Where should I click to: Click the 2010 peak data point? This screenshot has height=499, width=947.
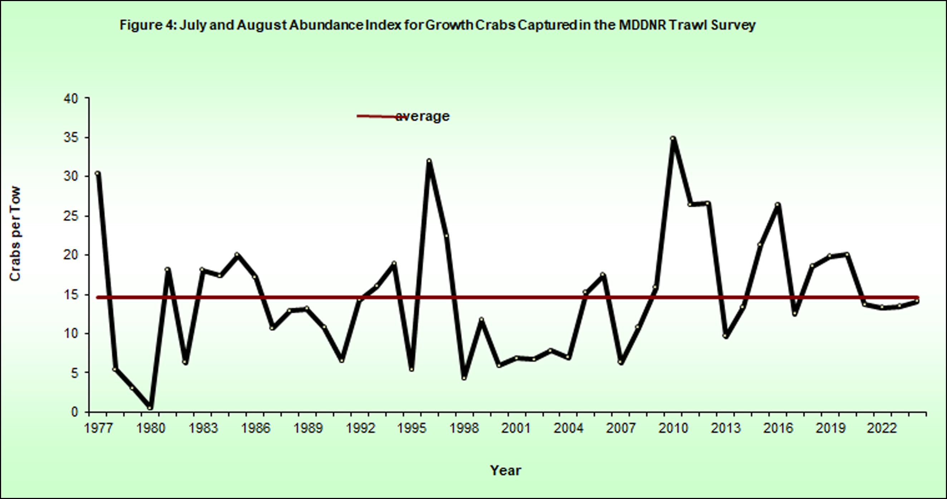(x=673, y=139)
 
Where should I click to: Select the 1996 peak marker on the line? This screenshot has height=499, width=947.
(x=429, y=161)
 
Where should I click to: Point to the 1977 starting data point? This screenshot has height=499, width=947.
(x=97, y=173)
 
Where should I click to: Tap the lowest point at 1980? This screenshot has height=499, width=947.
(x=150, y=407)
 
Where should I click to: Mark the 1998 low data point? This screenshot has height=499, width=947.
(x=464, y=378)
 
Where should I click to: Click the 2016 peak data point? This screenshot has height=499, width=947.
(x=777, y=205)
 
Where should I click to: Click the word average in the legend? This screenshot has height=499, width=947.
(x=422, y=116)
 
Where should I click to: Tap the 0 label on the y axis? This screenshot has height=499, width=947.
(x=75, y=412)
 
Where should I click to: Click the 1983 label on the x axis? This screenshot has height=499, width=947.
(x=203, y=429)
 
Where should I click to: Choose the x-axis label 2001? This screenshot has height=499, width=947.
(x=516, y=429)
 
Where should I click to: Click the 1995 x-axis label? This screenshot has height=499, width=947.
(x=412, y=429)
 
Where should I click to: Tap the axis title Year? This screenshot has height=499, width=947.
(x=505, y=470)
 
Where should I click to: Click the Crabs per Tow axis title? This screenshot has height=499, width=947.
(x=15, y=234)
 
